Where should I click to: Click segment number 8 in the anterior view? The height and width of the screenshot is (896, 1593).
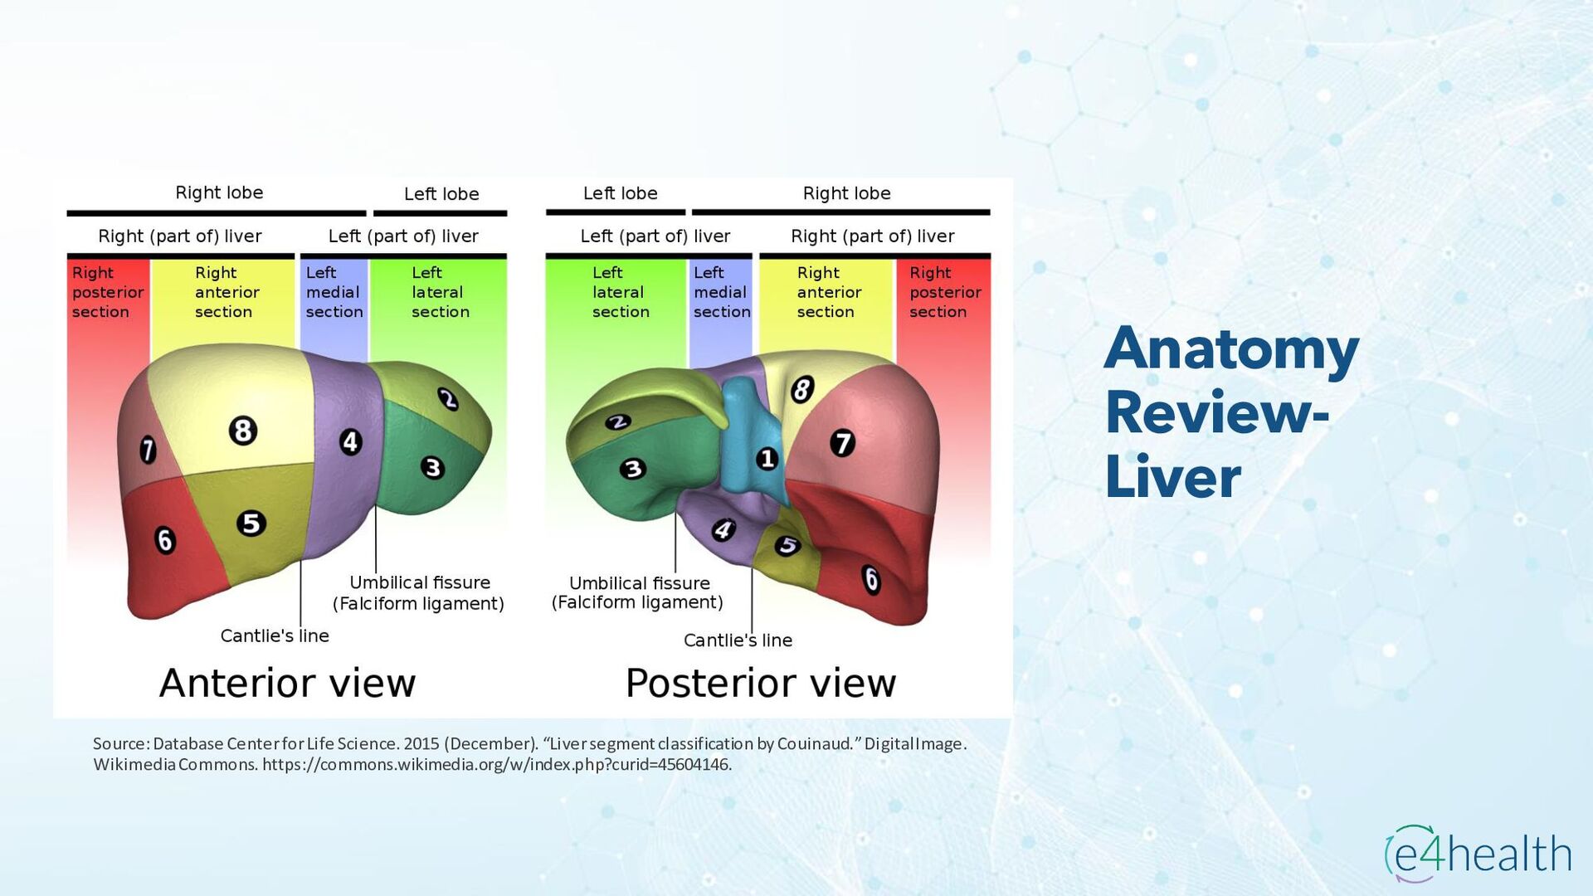(x=243, y=431)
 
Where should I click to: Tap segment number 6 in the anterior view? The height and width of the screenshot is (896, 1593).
(x=165, y=540)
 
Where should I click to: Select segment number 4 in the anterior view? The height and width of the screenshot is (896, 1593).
(x=350, y=441)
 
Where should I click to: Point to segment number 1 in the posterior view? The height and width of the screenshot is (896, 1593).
(x=767, y=458)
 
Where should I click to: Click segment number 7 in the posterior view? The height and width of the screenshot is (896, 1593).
(x=842, y=443)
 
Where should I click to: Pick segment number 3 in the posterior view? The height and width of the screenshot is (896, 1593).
(x=632, y=470)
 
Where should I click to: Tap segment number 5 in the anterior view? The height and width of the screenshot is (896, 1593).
(x=251, y=523)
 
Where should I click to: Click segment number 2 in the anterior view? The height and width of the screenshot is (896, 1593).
(x=448, y=399)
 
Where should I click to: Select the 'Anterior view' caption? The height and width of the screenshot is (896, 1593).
(x=287, y=683)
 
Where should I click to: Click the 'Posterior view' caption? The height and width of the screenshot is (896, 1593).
(x=761, y=683)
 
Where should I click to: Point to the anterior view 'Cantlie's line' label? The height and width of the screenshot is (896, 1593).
(x=275, y=635)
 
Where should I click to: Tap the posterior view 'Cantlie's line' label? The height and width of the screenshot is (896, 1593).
(x=738, y=640)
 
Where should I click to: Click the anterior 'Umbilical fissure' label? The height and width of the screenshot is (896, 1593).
(x=419, y=582)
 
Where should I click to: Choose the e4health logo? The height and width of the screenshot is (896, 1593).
(x=1478, y=853)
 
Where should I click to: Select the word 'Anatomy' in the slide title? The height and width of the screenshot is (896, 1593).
(x=1231, y=348)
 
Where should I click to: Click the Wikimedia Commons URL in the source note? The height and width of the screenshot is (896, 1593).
(x=496, y=764)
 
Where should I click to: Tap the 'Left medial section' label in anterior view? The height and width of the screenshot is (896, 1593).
(x=334, y=292)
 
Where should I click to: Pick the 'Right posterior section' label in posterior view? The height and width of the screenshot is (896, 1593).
(x=944, y=292)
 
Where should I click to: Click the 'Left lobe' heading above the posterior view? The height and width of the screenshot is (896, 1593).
(x=620, y=193)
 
